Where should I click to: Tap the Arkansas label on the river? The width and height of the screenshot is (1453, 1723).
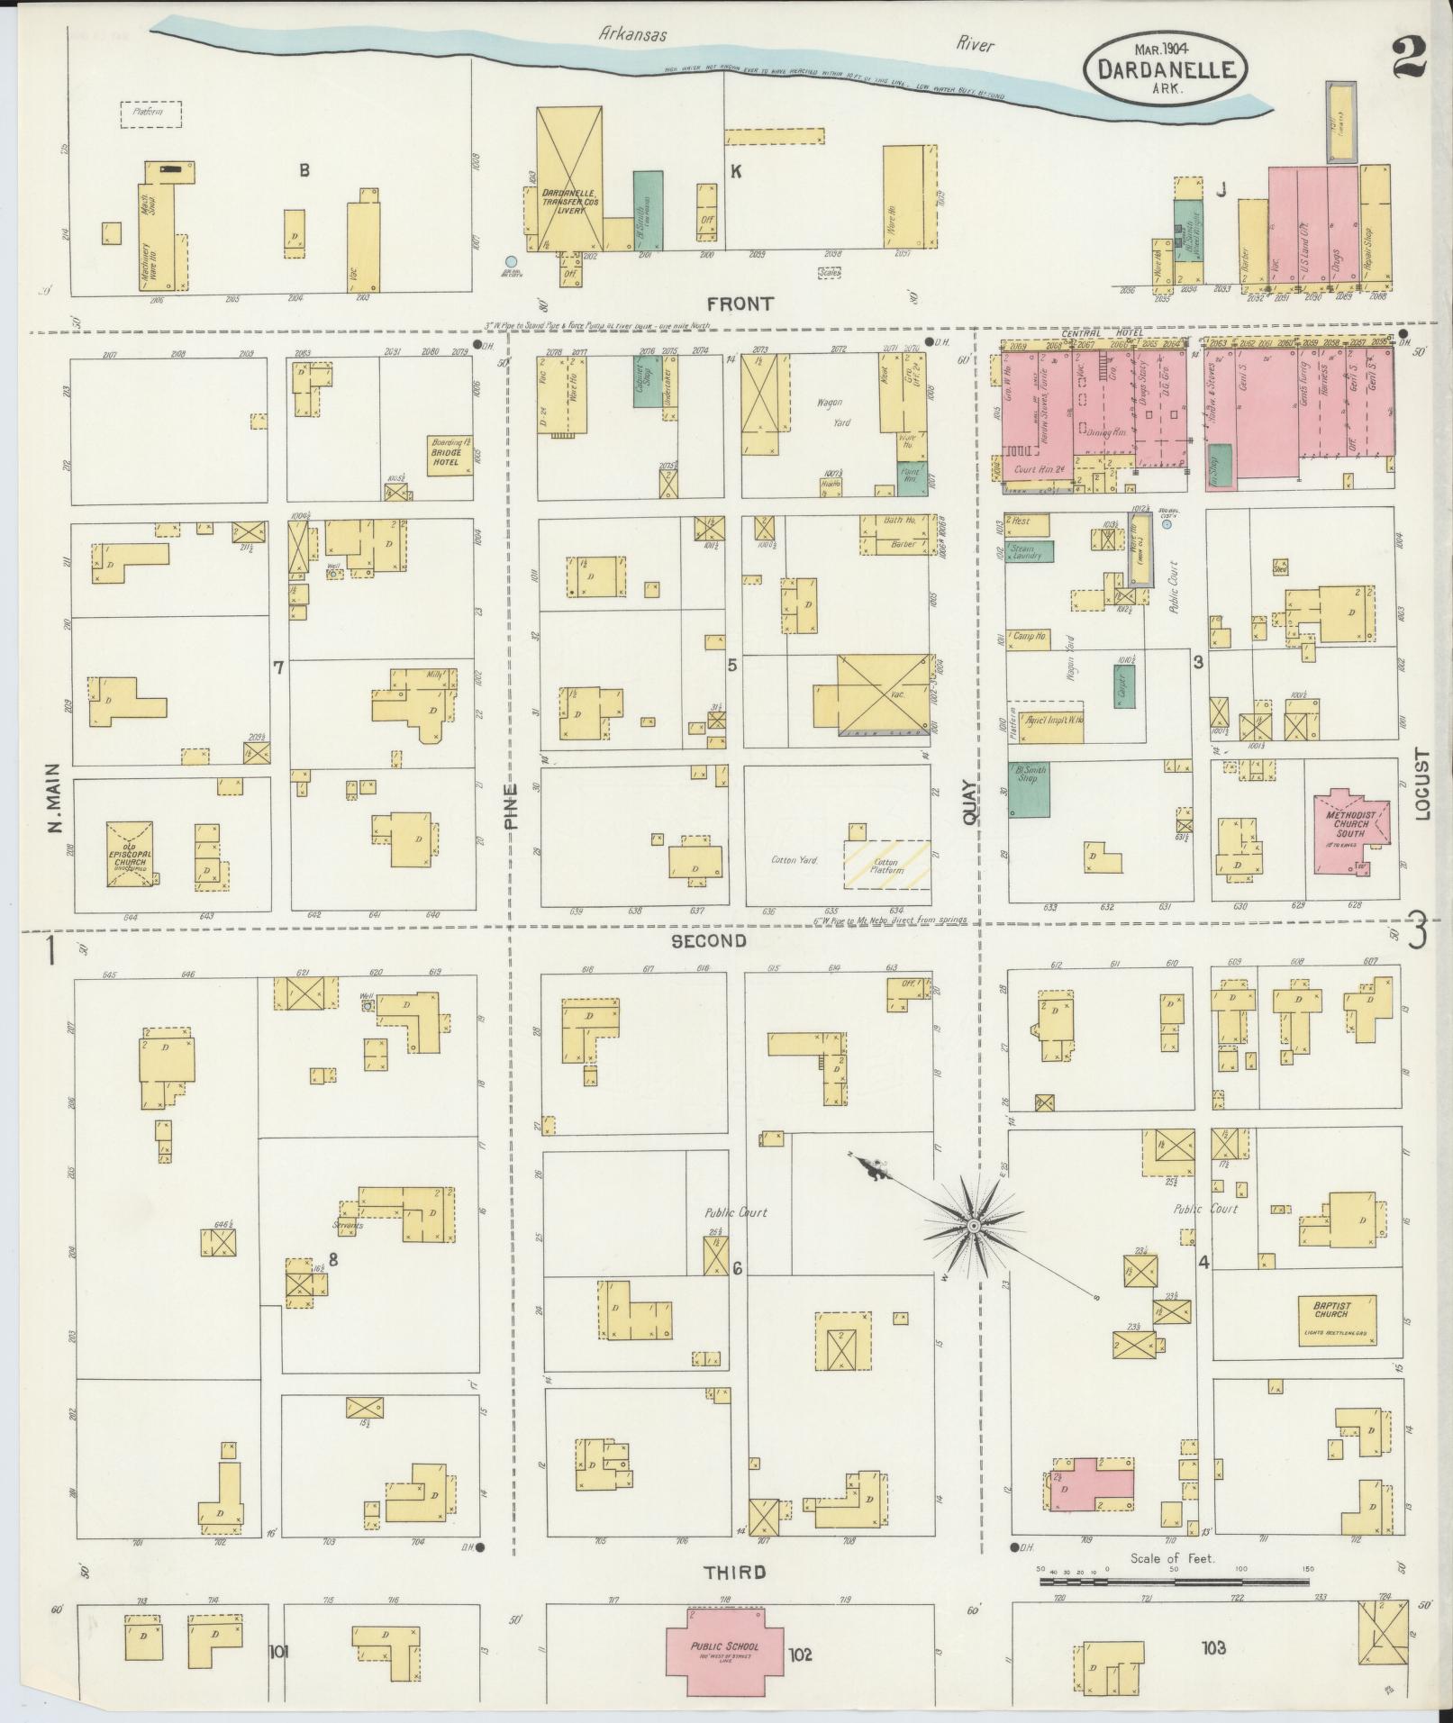pyautogui.click(x=635, y=34)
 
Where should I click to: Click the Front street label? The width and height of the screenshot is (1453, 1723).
pyautogui.click(x=739, y=304)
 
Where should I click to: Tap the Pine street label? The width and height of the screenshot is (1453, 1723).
pyautogui.click(x=512, y=805)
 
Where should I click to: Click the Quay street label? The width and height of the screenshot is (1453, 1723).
pyautogui.click(x=969, y=802)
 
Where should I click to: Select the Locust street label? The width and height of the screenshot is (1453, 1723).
pyautogui.click(x=1422, y=784)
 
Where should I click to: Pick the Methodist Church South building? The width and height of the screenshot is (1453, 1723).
pyautogui.click(x=1349, y=830)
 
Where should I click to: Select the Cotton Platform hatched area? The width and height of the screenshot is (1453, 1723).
pyautogui.click(x=886, y=866)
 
